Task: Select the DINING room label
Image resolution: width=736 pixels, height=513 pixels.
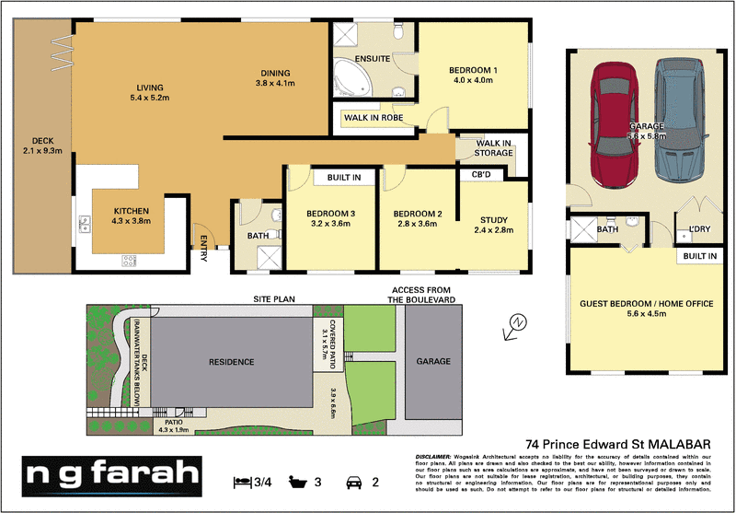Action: (274, 74)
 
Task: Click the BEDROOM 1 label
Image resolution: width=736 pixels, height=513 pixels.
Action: (473, 70)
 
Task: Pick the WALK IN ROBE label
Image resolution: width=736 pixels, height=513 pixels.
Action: (373, 118)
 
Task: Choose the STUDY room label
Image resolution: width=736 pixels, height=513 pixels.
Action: (494, 219)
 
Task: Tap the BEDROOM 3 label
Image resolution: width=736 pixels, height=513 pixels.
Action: (331, 215)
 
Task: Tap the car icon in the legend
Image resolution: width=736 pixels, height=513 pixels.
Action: (351, 481)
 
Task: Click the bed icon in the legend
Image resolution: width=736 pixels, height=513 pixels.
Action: (241, 481)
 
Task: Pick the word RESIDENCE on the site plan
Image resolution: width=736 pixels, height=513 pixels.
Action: (231, 362)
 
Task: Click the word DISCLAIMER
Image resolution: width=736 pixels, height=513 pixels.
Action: (431, 457)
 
